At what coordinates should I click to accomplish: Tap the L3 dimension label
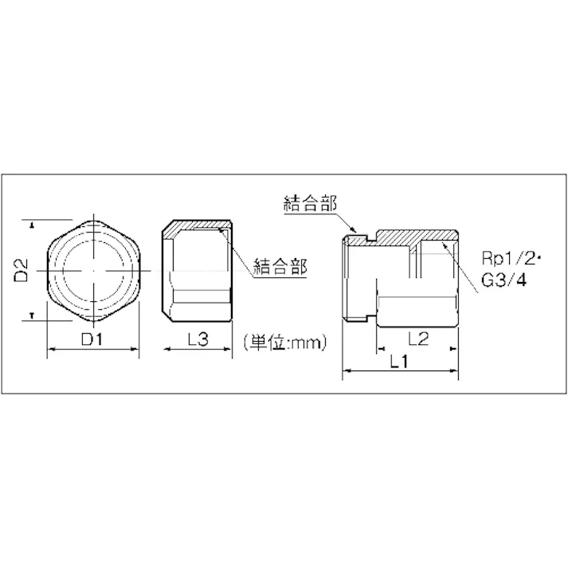198,340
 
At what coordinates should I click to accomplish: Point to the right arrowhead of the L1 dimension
459,372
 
